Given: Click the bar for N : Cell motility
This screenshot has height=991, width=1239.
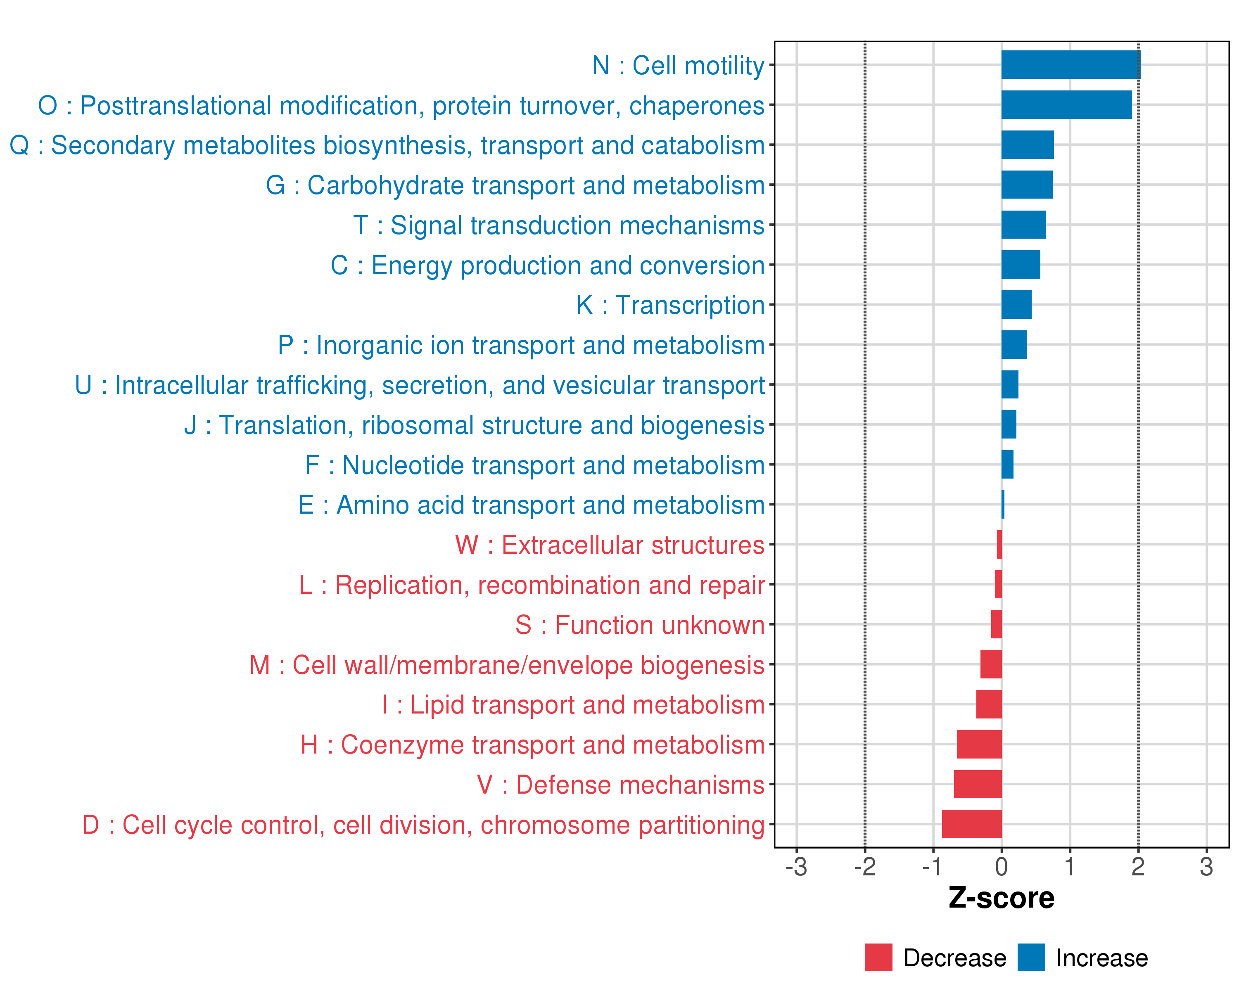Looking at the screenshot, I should (1070, 64).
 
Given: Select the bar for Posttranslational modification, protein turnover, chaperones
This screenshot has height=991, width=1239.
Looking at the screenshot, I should (1066, 104).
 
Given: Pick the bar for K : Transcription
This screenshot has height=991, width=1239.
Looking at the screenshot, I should (1016, 304).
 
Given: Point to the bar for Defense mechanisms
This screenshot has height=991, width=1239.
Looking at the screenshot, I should (978, 784).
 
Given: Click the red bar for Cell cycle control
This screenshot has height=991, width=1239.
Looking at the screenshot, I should (971, 824).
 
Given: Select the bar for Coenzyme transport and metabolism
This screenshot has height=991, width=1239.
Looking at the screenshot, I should (979, 744).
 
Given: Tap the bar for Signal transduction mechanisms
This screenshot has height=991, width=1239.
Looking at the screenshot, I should (1023, 225).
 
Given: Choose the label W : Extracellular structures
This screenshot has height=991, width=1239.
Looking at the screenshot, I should (609, 545).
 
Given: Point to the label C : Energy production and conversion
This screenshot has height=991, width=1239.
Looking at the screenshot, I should (547, 266).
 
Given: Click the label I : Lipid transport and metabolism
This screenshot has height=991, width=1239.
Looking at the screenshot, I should (573, 705).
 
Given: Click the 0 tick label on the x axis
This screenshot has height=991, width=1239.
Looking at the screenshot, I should (1001, 866).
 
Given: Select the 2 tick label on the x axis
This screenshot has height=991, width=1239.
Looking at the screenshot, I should (1138, 866).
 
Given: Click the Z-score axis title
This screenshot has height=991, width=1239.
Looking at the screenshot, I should (1001, 898).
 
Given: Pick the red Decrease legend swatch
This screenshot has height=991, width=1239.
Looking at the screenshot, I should (878, 958).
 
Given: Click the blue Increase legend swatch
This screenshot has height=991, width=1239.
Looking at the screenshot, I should (1031, 958).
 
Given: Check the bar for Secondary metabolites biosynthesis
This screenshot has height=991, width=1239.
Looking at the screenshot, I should (1027, 145).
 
